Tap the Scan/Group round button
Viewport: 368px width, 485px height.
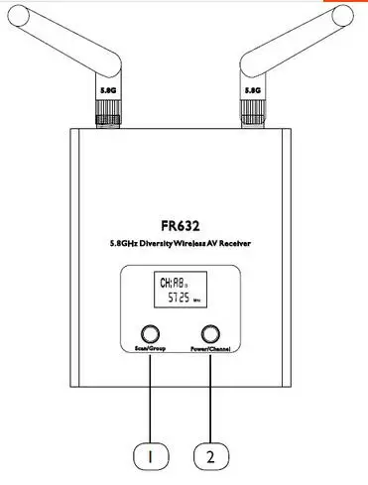pos(151,334)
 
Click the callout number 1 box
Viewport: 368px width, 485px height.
pos(151,457)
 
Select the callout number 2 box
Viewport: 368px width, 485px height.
pos(209,457)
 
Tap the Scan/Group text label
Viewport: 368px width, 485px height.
pos(151,351)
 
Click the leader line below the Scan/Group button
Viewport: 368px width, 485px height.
pos(151,397)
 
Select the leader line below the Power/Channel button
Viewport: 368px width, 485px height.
pos(209,397)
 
